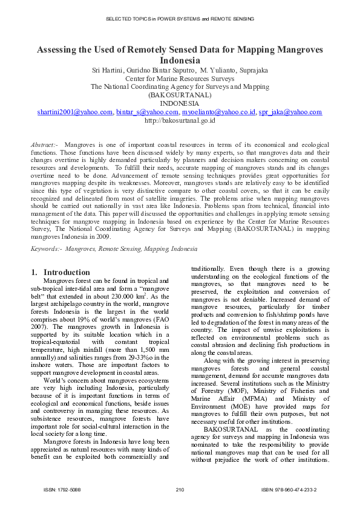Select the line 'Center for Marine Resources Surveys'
pyautogui.click(x=180, y=79)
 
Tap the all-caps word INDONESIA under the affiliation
pyautogui.click(x=180, y=103)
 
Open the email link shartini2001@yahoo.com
pyautogui.click(x=74, y=112)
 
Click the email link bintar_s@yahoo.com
pyautogui.click(x=143, y=112)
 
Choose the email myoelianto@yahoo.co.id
pyautogui.click(x=218, y=112)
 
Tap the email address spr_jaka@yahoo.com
pyautogui.click(x=290, y=112)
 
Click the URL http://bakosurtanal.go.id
pyautogui.click(x=180, y=120)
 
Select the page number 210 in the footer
pyautogui.click(x=180, y=488)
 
